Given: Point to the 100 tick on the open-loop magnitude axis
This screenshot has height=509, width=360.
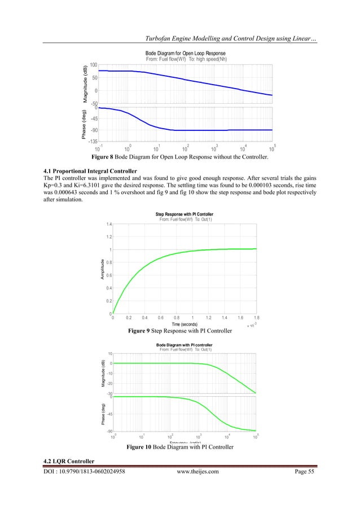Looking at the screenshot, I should (94, 65).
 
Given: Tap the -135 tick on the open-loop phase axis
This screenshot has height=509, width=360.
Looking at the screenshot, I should (92, 142).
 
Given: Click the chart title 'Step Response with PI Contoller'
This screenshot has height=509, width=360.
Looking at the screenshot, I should (184, 214).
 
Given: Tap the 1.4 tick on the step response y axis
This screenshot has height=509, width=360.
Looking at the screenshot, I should (107, 225).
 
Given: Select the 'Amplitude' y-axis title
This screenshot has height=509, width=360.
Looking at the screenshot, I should (102, 269).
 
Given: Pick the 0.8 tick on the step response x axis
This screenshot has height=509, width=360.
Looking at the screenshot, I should (177, 318).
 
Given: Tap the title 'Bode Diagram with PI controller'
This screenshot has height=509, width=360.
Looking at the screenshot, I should (184, 344).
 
